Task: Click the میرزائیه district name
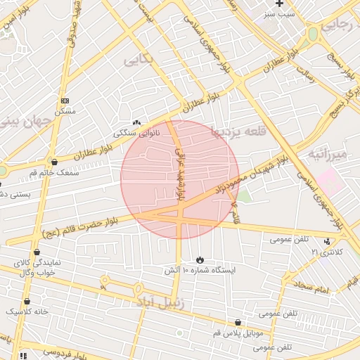point(327,154)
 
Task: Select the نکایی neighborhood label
point(139,60)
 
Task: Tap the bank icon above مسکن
point(65,101)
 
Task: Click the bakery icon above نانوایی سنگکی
point(136,122)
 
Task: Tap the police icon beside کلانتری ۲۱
point(327,241)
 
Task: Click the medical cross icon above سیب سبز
point(279,4)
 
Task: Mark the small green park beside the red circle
point(243,195)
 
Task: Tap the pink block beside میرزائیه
point(330,181)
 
